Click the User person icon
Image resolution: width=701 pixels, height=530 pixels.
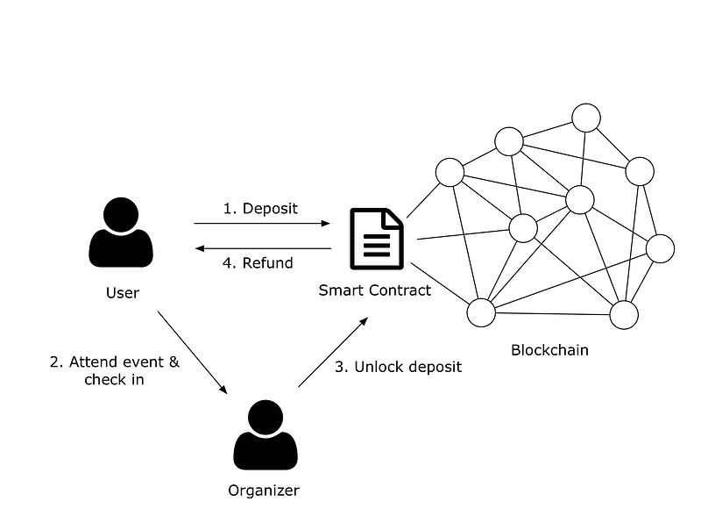pyautogui.click(x=121, y=234)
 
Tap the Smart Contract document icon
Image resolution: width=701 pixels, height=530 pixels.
pyautogui.click(x=377, y=239)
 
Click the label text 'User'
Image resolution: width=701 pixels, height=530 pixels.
pyautogui.click(x=122, y=292)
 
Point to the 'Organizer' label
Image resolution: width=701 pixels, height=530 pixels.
pyautogui.click(x=265, y=491)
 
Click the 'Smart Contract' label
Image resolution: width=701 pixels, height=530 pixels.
pyautogui.click(x=375, y=290)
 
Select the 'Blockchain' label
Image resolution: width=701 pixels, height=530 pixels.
pyautogui.click(x=549, y=350)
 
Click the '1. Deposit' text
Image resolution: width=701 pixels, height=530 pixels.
pyautogui.click(x=260, y=209)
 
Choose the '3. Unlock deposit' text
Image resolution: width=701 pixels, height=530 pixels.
pyautogui.click(x=398, y=367)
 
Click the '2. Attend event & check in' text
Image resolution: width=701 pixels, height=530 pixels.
pyautogui.click(x=115, y=370)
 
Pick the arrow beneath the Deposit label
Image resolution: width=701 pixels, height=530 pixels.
pyautogui.click(x=262, y=224)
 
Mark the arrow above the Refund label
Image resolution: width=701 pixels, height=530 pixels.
pyautogui.click(x=262, y=248)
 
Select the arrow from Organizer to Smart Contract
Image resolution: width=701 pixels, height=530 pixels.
pyautogui.click(x=332, y=354)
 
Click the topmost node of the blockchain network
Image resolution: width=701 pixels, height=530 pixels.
pyautogui.click(x=584, y=117)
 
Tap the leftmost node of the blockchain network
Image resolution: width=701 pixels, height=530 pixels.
pyautogui.click(x=450, y=172)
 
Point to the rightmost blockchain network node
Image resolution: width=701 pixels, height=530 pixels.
pyautogui.click(x=660, y=248)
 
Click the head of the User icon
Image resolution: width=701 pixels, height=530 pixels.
pyautogui.click(x=121, y=214)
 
